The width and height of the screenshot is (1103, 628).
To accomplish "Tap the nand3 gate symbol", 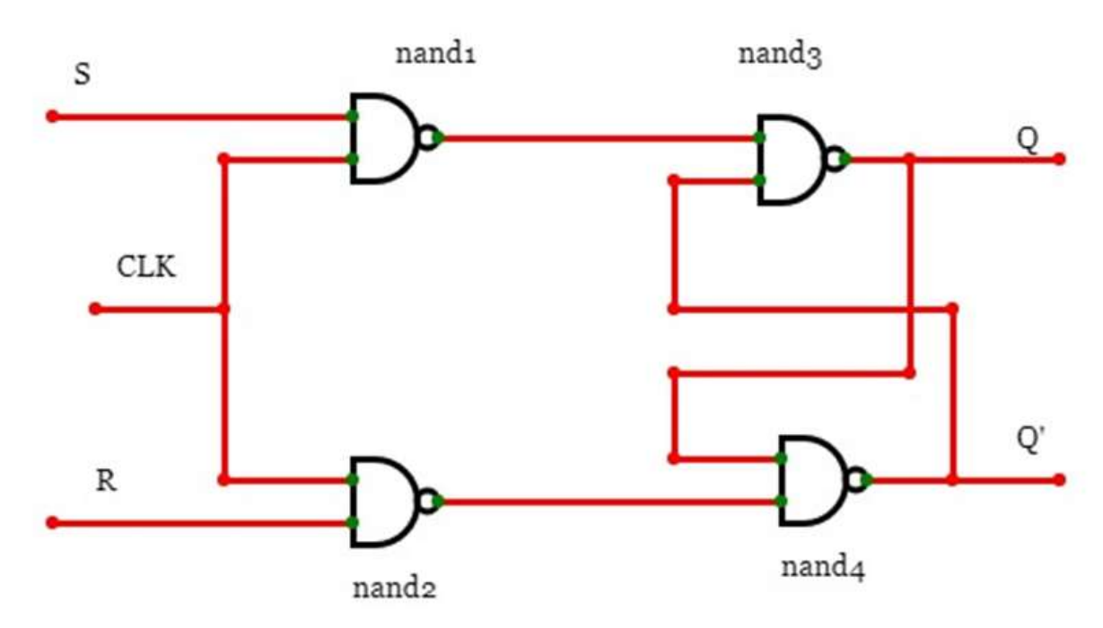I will coord(792,160).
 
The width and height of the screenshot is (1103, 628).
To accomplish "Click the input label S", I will coord(82,74).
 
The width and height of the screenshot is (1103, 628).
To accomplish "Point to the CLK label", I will coord(146,267).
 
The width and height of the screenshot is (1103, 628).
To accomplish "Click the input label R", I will coord(106,481).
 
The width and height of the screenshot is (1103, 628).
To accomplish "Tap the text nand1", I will coord(435,54).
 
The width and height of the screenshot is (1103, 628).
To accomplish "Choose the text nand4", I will coord(824,567).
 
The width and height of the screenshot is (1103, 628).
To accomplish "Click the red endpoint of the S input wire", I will coord(52,117).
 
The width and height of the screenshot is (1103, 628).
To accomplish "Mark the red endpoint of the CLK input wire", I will coord(95,309).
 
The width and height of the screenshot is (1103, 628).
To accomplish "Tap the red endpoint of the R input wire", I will coord(52,522).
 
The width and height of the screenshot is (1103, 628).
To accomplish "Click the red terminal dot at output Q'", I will coord(1059,480).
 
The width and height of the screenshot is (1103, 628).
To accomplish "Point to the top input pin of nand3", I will coord(760,138).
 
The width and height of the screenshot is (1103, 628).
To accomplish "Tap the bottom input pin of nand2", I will coord(353,522).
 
